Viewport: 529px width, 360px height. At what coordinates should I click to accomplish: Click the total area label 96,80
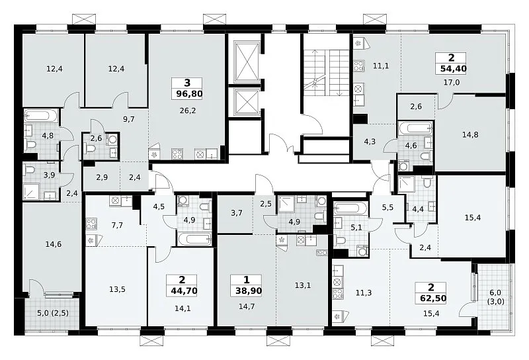pyautogui.click(x=189, y=93)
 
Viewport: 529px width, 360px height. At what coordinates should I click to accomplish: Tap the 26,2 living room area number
pyautogui.click(x=188, y=111)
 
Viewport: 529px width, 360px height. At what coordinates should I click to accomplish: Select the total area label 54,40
pyautogui.click(x=454, y=69)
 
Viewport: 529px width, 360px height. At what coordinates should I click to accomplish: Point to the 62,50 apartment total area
pyautogui.click(x=433, y=298)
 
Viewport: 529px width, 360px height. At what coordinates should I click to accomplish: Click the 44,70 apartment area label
pyautogui.click(x=184, y=291)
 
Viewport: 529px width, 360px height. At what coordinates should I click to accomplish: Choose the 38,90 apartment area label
pyautogui.click(x=249, y=291)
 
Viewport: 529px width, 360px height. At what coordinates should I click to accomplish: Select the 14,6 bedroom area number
pyautogui.click(x=54, y=244)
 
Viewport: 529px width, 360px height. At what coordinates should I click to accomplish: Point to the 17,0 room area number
pyautogui.click(x=452, y=82)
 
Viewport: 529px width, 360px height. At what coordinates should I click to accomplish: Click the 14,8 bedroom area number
pyautogui.click(x=470, y=135)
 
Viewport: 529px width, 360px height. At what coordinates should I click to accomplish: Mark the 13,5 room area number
pyautogui.click(x=118, y=289)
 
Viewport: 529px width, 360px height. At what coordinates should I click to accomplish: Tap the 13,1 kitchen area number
pyautogui.click(x=303, y=285)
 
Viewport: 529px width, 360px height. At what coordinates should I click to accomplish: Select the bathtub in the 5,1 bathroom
pyautogui.click(x=350, y=208)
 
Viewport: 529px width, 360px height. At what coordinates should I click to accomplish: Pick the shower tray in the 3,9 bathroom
pyautogui.click(x=31, y=192)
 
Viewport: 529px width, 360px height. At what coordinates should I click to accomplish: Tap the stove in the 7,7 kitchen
pyautogui.click(x=91, y=224)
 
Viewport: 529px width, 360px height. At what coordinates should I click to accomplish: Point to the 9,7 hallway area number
pyautogui.click(x=129, y=119)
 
